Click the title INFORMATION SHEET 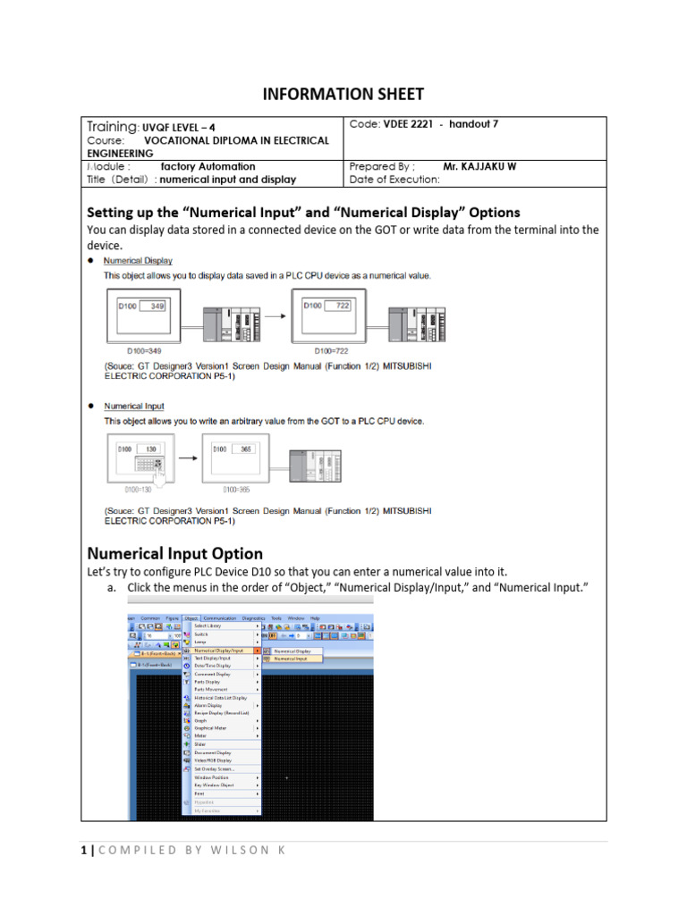tap(343, 94)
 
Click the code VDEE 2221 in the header tap(407, 124)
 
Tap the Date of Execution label tap(394, 179)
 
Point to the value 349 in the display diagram tap(157, 306)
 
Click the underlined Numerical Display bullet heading tap(138, 261)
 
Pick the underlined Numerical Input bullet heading tap(134, 406)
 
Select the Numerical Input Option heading tap(174, 553)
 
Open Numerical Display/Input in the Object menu tap(218, 651)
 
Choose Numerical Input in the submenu tap(291, 659)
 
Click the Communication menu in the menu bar tap(220, 618)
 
